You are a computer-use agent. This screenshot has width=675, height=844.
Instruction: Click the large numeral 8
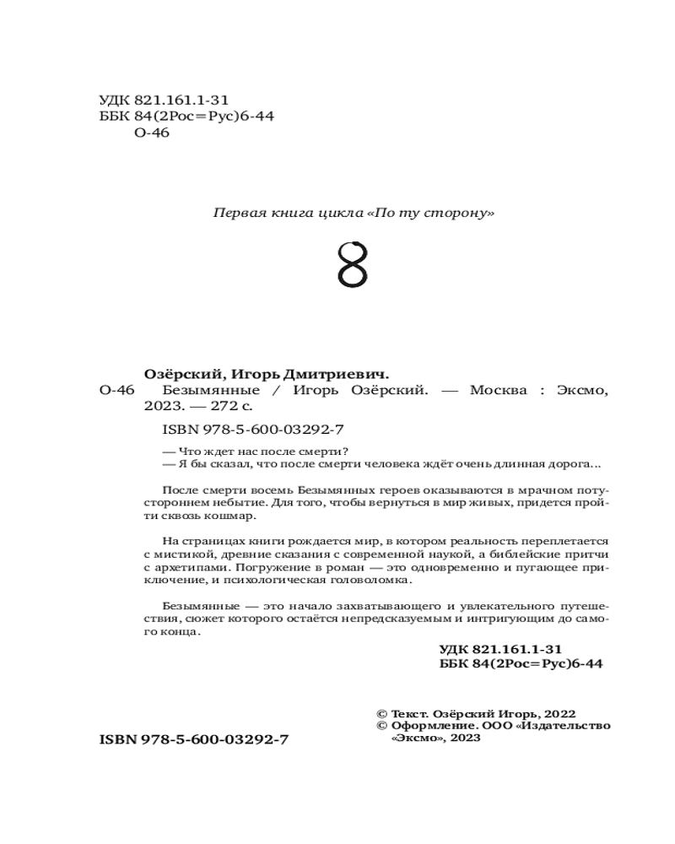353,265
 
